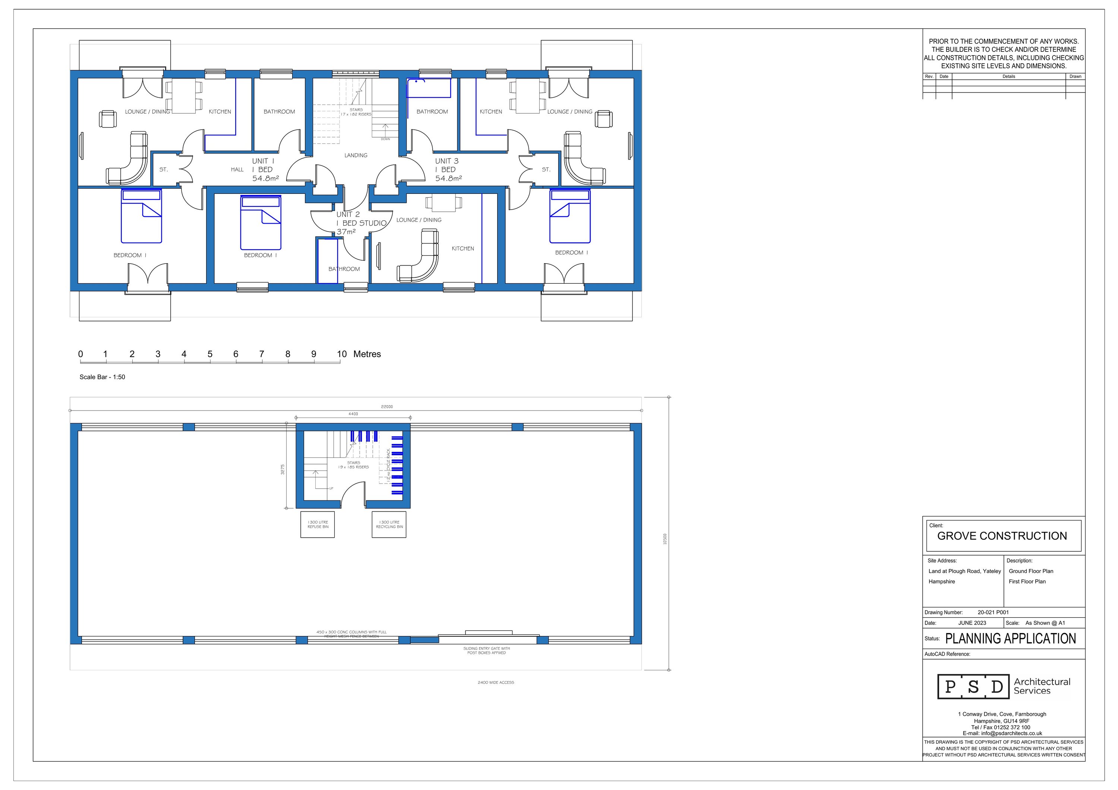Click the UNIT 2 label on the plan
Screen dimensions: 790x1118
(x=348, y=214)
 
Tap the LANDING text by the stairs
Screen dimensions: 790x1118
(x=356, y=155)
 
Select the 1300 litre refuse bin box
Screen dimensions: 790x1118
(x=318, y=525)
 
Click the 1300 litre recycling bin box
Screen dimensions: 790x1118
(x=389, y=525)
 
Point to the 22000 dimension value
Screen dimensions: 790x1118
(x=386, y=407)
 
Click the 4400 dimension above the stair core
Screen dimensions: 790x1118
(x=353, y=414)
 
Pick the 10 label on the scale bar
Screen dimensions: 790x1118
(x=342, y=354)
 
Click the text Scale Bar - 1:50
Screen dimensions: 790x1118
(x=102, y=377)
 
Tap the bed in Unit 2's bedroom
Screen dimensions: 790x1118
(x=260, y=223)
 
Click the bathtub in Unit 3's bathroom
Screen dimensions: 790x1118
(x=429, y=88)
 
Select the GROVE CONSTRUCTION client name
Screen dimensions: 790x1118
(x=1002, y=536)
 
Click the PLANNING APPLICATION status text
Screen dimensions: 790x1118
(x=1010, y=639)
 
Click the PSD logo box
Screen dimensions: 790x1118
(x=973, y=687)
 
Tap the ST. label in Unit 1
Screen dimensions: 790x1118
(x=164, y=170)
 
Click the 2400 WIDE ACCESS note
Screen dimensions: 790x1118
(x=495, y=682)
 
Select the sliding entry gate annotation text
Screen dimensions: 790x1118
(x=486, y=651)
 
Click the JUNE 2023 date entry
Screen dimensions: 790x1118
(x=972, y=623)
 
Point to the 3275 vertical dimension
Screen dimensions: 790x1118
(x=282, y=469)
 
